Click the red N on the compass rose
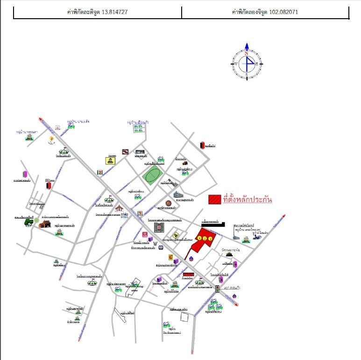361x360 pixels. point(247,53)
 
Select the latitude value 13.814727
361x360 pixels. point(114,13)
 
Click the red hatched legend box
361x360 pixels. point(215,199)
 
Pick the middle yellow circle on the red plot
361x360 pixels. point(205,238)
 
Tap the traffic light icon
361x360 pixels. point(217,289)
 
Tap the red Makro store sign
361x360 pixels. point(188,275)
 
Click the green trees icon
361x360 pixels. point(36,221)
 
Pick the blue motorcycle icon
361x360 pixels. point(256,238)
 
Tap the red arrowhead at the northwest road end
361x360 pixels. point(41,120)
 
